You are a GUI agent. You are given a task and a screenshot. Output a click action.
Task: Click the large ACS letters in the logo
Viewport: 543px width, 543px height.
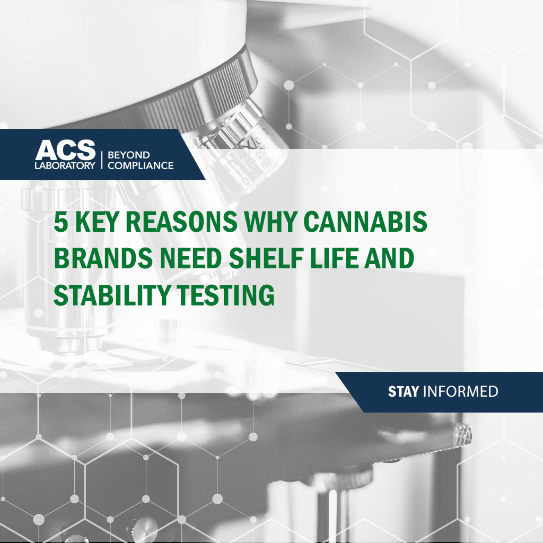point(65,150)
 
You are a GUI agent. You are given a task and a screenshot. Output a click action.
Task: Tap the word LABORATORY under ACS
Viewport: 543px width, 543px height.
point(65,165)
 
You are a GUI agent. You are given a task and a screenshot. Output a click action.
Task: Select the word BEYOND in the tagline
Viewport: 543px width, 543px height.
point(129,155)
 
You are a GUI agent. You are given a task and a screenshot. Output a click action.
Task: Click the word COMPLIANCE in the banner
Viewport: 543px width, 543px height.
point(141,165)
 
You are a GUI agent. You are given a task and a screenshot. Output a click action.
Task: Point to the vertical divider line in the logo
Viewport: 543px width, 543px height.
point(102,160)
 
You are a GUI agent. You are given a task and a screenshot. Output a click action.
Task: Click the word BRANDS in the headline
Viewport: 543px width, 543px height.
point(103,258)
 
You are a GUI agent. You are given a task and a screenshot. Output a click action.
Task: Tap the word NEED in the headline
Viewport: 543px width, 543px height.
point(191,258)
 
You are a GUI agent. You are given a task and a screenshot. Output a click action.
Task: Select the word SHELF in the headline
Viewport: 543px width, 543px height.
point(266,258)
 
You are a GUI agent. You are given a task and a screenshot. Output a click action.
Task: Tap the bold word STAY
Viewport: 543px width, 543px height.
point(404,392)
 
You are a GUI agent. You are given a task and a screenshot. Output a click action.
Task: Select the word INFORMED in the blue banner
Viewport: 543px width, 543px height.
point(461,392)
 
